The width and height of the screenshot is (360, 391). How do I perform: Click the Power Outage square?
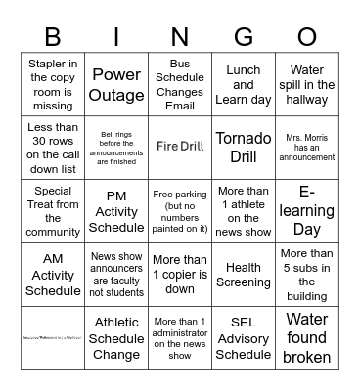[x=116, y=84]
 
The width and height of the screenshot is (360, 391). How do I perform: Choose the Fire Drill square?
[x=180, y=146]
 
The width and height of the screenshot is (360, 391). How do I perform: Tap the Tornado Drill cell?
[x=243, y=146]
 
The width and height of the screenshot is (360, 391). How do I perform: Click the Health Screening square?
[x=243, y=275]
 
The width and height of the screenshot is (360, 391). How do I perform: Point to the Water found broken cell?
[x=307, y=337]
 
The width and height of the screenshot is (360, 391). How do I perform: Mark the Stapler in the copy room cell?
[x=52, y=84]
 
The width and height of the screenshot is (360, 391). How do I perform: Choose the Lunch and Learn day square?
[x=243, y=84]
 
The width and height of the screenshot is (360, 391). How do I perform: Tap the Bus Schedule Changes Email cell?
[x=180, y=84]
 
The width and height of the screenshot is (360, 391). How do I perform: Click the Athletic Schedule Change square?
[x=116, y=337]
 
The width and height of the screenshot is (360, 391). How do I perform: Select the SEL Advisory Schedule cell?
[x=243, y=337]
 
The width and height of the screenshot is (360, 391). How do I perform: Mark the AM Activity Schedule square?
[x=52, y=275]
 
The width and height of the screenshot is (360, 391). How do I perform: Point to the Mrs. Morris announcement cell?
[x=307, y=146]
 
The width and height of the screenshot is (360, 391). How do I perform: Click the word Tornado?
[x=243, y=137]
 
